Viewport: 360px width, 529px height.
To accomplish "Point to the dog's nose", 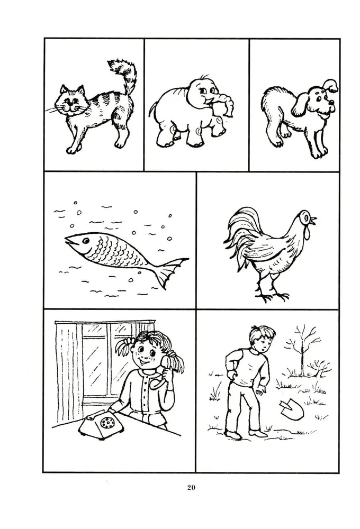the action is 332,102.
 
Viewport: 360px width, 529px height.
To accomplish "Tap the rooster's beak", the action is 313,220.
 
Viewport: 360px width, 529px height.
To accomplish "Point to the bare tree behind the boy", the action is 303,351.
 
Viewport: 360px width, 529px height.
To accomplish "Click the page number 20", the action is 191,487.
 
